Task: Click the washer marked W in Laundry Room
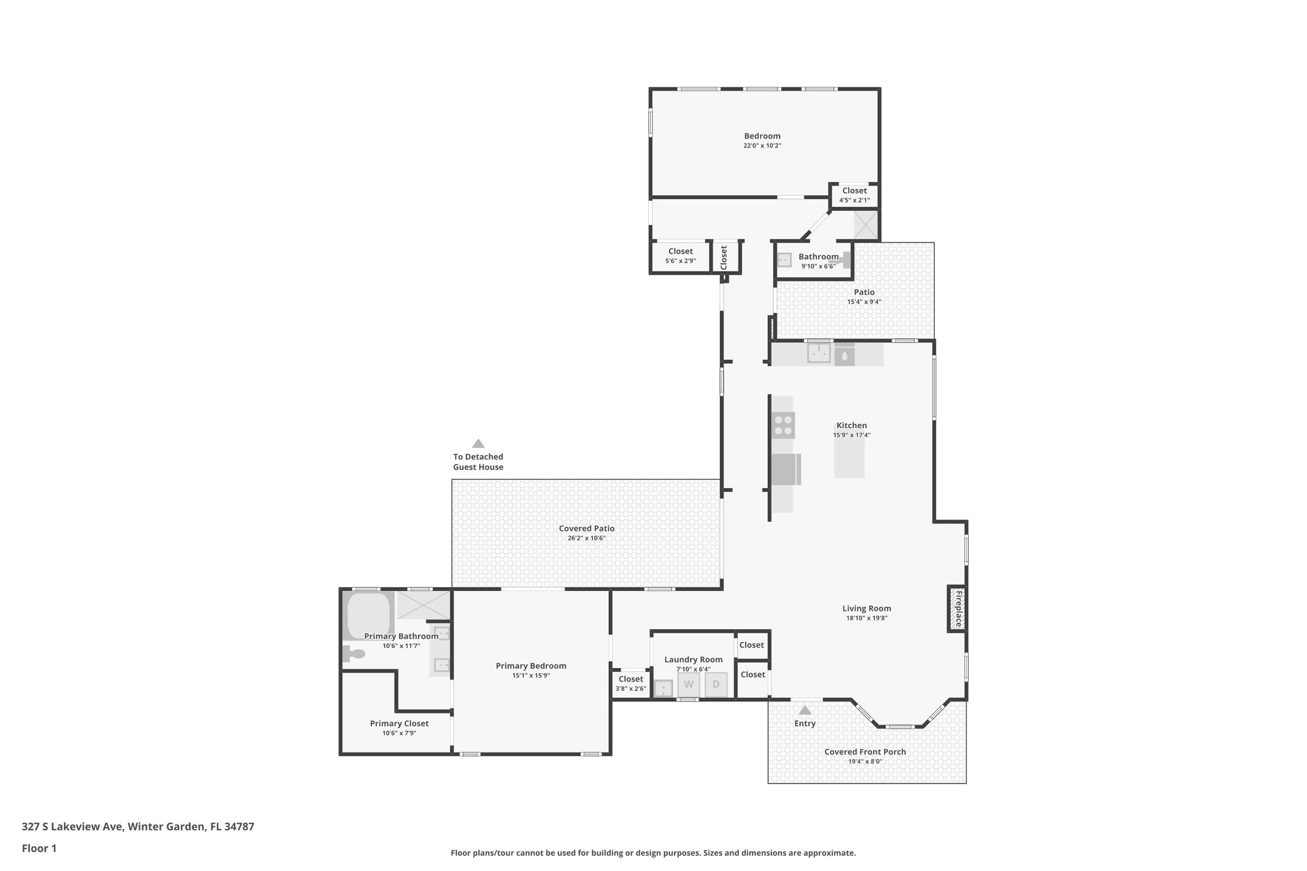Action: click(x=689, y=685)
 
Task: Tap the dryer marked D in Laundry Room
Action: click(x=716, y=685)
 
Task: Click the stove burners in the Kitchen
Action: click(x=783, y=425)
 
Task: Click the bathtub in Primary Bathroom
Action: click(x=368, y=614)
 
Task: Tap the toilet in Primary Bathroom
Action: click(x=353, y=654)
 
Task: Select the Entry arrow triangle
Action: click(x=805, y=710)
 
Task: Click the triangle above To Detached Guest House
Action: click(x=478, y=443)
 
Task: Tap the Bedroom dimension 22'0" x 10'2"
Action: click(x=762, y=145)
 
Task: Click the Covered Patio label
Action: click(x=586, y=528)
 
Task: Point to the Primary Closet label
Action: click(x=399, y=724)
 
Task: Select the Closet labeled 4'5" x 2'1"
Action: click(x=854, y=195)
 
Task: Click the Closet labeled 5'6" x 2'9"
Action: click(x=680, y=256)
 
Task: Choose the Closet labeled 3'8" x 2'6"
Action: click(x=631, y=683)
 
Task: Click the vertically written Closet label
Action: click(x=724, y=257)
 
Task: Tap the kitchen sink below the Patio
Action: click(x=819, y=353)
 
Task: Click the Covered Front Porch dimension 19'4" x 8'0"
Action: click(x=865, y=761)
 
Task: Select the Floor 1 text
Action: click(x=40, y=849)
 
